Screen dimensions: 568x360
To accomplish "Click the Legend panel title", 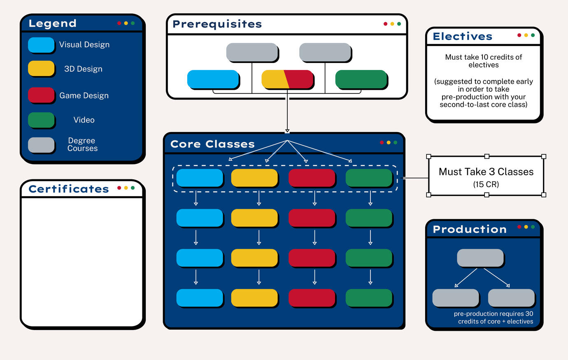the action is point(53,23).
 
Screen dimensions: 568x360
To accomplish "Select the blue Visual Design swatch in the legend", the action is point(41,45).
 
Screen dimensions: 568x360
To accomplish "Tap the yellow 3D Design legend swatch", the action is point(41,68).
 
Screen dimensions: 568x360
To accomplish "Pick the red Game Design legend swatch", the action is point(41,95).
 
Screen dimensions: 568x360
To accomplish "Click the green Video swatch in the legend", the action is point(41,120).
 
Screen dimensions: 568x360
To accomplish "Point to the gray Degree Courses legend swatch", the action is point(41,145).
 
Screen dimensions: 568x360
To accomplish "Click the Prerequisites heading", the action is point(217,24).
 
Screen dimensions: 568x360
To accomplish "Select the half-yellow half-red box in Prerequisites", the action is point(287,79).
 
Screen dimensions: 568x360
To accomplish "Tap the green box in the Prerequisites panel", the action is point(361,79).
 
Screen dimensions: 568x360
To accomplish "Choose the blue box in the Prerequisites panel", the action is point(213,79).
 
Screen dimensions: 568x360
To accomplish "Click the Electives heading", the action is point(463,36).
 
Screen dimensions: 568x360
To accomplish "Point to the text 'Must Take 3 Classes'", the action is point(486,172).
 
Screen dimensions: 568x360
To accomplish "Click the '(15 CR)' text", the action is point(486,184).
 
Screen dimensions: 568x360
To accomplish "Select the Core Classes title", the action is point(212,144).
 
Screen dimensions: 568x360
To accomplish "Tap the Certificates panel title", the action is point(69,189).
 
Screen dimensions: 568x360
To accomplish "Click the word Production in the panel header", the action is point(470,229).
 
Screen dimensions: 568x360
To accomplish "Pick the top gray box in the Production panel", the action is point(480,258).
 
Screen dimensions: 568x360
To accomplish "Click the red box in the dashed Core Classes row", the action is point(312,178).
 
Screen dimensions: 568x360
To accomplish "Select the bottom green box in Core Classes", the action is point(369,297).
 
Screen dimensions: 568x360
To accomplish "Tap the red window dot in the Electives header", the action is point(519,35).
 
